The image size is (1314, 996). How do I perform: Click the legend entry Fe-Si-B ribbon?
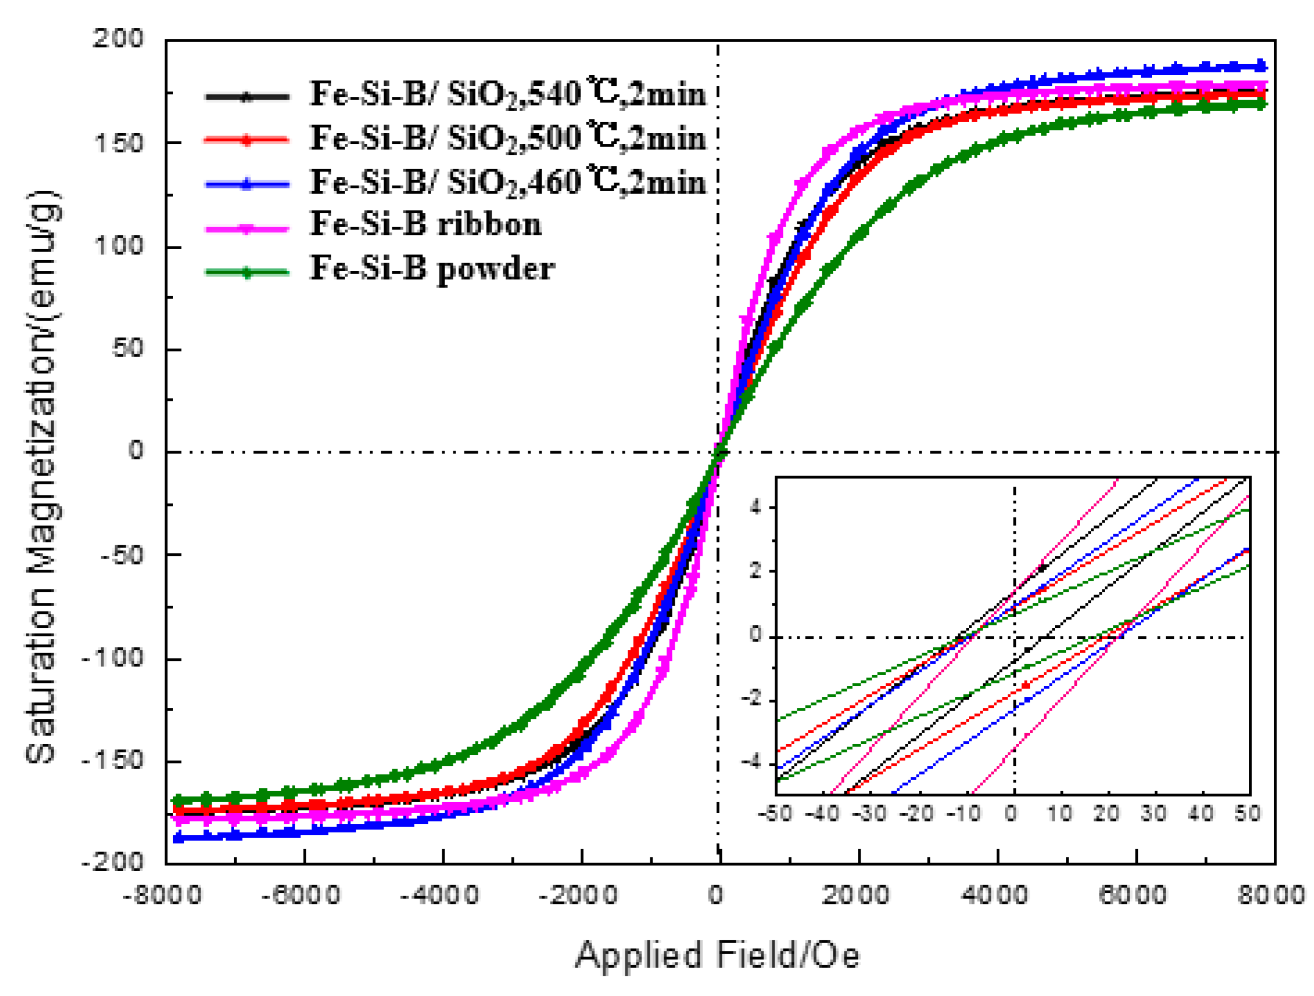[x=425, y=225]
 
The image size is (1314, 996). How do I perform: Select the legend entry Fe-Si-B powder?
[x=432, y=269]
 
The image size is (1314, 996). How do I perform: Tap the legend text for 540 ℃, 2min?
[x=508, y=94]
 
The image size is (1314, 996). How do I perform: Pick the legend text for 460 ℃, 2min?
[x=508, y=182]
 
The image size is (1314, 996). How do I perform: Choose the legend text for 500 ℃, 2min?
[x=508, y=138]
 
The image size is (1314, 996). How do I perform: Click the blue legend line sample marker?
[x=247, y=184]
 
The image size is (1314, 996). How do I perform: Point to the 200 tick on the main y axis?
[x=117, y=39]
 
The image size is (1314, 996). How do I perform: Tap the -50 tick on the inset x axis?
[x=775, y=813]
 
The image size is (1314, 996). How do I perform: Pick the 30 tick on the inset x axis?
[x=1154, y=813]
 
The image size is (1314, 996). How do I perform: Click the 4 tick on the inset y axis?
[x=756, y=508]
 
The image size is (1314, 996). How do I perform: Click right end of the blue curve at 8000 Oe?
[x=1264, y=66]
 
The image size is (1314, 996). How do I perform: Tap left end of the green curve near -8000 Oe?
[x=177, y=800]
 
